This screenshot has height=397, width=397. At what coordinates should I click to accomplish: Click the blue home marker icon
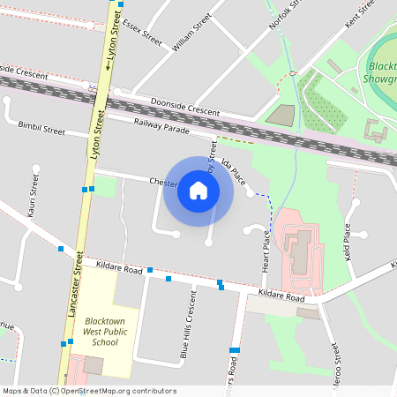(x=198, y=190)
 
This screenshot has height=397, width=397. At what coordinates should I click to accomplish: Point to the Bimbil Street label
(x=41, y=130)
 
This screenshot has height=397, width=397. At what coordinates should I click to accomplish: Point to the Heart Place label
(x=265, y=252)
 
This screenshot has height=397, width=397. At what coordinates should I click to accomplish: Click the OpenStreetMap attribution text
(x=88, y=391)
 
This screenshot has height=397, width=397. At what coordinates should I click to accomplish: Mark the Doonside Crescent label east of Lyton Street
(x=184, y=106)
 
